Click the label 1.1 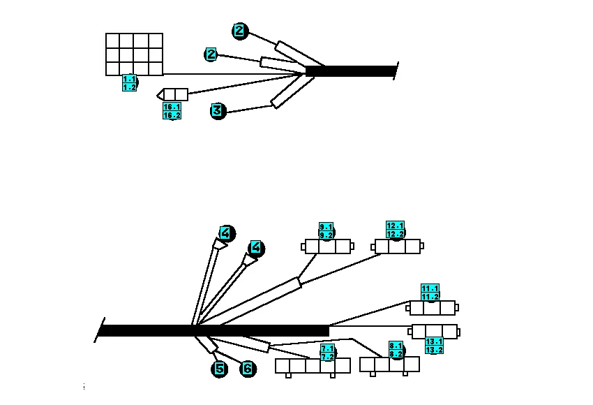coord(129,79)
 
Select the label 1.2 coord(129,87)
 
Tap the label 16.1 coord(172,107)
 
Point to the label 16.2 coord(172,115)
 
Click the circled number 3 coord(218,111)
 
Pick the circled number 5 coord(219,369)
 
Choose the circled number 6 coord(248,369)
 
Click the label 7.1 coord(327,348)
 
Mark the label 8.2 coord(396,354)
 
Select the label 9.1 coord(326,227)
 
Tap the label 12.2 coord(395,234)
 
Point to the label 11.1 coord(430,288)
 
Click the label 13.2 coord(434,350)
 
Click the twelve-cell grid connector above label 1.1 coord(134,54)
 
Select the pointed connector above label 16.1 coord(172,95)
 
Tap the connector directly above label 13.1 coord(434,332)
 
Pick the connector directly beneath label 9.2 coord(327,246)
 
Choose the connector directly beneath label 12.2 coord(398,246)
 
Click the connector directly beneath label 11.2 coord(433,308)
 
